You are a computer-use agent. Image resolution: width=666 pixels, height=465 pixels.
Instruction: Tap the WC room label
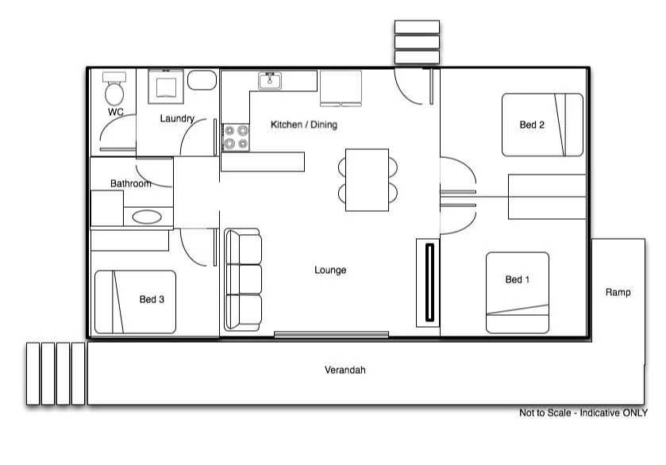(x=116, y=113)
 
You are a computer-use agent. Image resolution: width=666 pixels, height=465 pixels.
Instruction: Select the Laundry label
(x=177, y=119)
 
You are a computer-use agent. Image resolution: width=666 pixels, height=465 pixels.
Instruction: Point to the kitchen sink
(x=270, y=81)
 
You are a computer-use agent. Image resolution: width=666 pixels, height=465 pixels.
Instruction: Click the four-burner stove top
(x=235, y=137)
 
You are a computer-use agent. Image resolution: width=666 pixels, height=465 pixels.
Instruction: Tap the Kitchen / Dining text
(x=304, y=125)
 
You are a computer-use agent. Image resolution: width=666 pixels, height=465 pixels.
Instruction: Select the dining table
(x=367, y=179)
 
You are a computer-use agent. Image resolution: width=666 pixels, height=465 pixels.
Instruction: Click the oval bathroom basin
(x=146, y=217)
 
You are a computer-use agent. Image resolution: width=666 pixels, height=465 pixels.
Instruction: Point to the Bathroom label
(x=130, y=183)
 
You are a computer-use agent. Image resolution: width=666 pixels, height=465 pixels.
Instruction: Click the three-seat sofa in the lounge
(x=243, y=279)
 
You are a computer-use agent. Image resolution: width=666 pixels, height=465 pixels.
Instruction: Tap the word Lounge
(x=330, y=271)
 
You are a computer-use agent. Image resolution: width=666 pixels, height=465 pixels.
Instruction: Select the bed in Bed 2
(x=542, y=125)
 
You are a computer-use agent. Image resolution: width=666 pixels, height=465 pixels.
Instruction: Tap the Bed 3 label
(x=152, y=299)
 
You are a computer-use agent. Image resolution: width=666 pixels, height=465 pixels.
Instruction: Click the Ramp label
(x=618, y=292)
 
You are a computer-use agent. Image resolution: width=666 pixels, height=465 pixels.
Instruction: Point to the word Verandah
(x=345, y=370)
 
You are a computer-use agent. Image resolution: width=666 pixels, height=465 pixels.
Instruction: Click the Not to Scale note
(x=583, y=413)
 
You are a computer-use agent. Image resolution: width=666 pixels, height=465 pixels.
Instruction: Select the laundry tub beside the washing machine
(x=202, y=80)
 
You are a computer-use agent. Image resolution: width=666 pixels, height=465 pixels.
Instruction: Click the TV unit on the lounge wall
(x=428, y=282)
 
